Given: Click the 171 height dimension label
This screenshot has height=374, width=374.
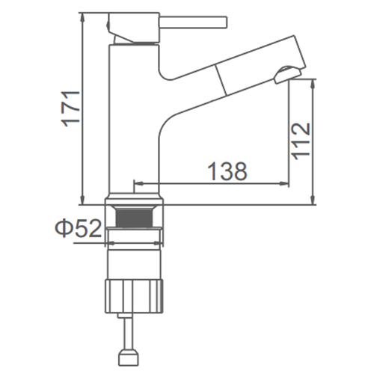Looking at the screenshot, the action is point(72,109).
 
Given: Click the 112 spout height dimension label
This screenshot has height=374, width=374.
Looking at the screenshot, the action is point(301,141).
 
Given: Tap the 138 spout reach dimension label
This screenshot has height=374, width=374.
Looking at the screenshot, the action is point(227,171).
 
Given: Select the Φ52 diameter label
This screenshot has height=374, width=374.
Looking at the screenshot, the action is point(78,228).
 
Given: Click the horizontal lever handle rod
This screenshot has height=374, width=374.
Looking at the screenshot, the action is point(193,22).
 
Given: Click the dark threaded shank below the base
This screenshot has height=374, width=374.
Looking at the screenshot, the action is point(135,218).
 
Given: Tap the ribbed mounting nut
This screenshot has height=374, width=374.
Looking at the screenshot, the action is point(135,296).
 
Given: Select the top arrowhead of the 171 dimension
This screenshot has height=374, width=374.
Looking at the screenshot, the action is point(83,17).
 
